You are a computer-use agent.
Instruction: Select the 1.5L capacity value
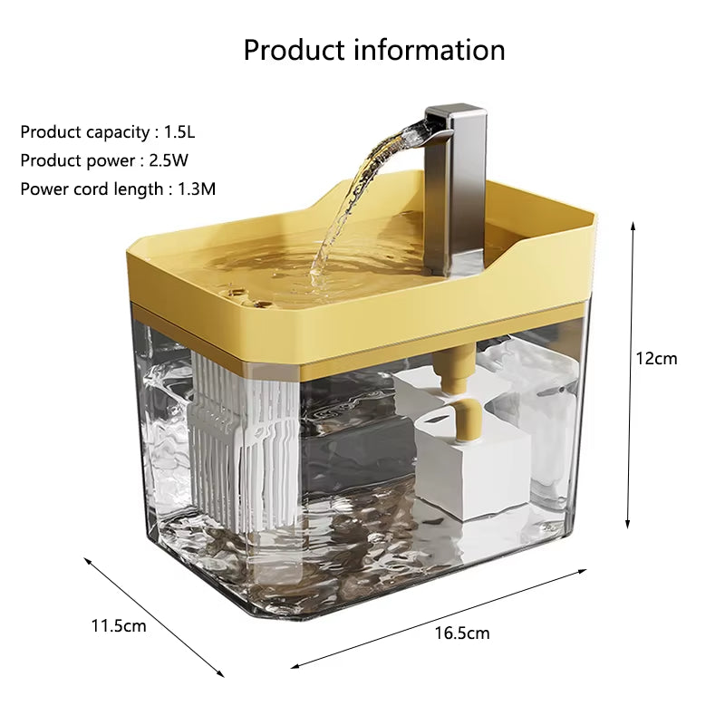179,131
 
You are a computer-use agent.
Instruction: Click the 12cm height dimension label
655,358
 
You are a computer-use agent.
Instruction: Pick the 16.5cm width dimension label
461,633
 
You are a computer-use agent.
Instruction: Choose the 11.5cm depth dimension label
118,625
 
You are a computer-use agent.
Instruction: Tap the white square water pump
471,471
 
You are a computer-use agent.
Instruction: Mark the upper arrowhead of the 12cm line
630,225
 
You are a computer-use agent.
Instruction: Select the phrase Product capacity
85,131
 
